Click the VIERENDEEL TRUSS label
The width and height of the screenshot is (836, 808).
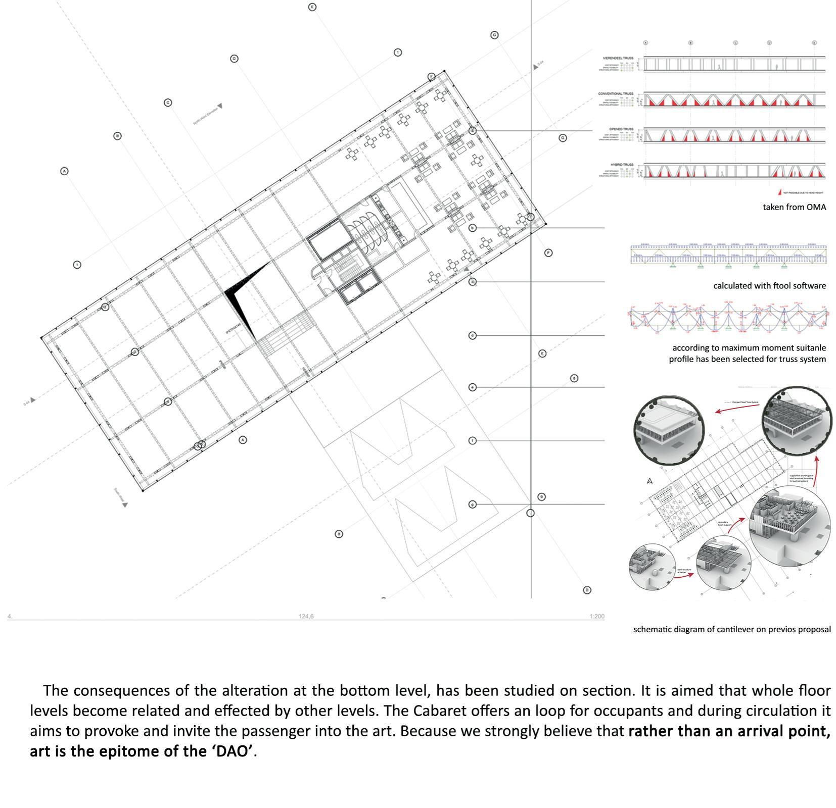coord(618,59)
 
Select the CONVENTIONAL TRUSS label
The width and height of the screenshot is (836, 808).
coord(616,94)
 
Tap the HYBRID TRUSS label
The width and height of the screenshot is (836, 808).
coord(621,165)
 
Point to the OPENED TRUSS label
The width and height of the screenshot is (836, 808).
coord(621,129)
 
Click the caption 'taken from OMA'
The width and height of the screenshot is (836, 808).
coord(794,207)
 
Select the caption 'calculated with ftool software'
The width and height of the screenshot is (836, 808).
coord(769,286)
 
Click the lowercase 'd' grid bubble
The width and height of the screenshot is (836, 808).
coord(473,335)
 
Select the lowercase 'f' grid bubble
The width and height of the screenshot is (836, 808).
coord(473,440)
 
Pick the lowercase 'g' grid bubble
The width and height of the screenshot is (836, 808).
coord(473,504)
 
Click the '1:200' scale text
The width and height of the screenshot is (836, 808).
coord(596,616)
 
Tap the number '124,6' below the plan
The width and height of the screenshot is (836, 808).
coord(306,616)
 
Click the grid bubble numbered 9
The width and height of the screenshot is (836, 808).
coord(542,497)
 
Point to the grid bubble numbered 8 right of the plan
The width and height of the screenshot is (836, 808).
coord(574,378)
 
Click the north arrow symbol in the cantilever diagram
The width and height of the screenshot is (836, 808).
coord(650,481)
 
